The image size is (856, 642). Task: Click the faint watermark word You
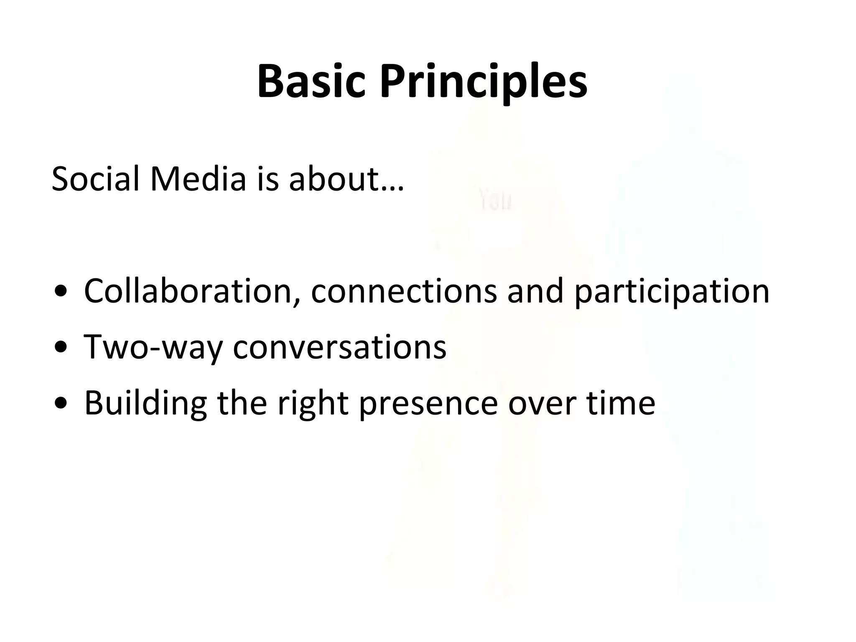[496, 201]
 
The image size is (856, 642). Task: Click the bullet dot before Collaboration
[61, 292]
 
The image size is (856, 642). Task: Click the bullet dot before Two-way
[61, 348]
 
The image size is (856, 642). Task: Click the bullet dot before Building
[61, 403]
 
